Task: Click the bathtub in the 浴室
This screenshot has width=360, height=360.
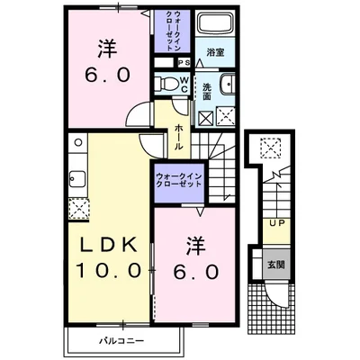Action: [215, 22]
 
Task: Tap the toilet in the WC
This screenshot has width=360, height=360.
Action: [166, 83]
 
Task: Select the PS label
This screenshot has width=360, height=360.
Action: [184, 63]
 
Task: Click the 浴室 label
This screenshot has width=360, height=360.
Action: [215, 52]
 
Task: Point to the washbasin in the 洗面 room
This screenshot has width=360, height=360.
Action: [228, 84]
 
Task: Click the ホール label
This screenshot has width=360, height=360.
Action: [178, 138]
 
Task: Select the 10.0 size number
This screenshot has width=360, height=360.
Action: [108, 270]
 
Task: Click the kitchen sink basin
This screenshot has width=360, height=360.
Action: [77, 179]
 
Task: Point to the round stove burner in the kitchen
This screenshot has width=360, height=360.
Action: [78, 142]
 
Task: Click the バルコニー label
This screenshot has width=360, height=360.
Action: [121, 341]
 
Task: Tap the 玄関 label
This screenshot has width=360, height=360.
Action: [276, 265]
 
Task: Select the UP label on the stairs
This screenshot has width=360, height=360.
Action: [277, 223]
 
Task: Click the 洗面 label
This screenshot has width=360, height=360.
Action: [207, 92]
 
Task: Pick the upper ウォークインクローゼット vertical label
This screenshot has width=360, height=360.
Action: [173, 31]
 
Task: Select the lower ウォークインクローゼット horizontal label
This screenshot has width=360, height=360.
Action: [178, 180]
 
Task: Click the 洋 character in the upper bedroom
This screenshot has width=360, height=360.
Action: [107, 49]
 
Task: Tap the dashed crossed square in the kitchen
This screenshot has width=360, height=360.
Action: [78, 209]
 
